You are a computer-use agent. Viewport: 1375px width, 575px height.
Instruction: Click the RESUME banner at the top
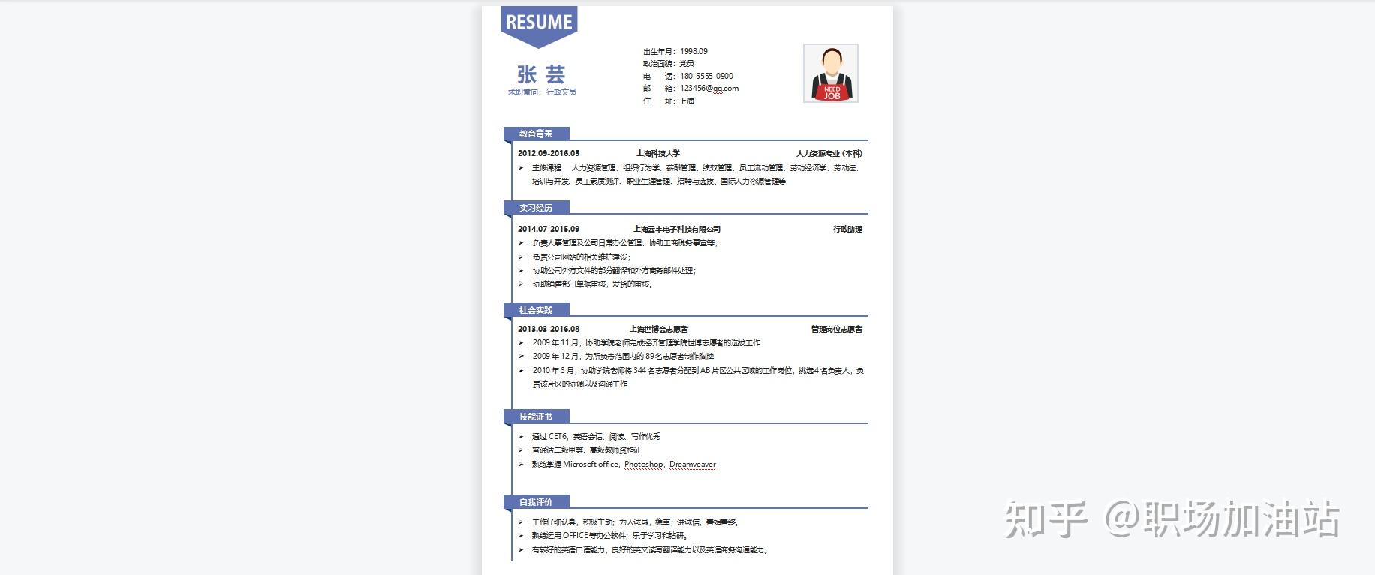[x=539, y=23]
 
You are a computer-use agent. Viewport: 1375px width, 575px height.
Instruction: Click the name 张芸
[x=540, y=74]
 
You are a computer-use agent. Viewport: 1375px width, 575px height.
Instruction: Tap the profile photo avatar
[x=830, y=73]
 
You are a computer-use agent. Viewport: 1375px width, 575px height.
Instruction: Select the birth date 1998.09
[x=694, y=51]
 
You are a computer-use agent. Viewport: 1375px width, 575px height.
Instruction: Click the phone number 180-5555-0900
[x=706, y=76]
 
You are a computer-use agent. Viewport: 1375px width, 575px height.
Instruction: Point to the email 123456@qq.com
[x=709, y=88]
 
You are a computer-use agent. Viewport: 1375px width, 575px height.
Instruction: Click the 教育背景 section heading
[x=536, y=134]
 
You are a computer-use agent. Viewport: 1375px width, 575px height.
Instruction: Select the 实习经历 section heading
[x=536, y=208]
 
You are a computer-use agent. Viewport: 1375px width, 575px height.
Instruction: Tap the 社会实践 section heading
[x=536, y=310]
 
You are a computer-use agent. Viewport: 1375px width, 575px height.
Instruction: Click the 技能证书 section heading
[x=536, y=417]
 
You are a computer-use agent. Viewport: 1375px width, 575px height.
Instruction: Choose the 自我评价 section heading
[x=536, y=502]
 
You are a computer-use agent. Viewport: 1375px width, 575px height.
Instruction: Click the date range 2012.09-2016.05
[x=549, y=153]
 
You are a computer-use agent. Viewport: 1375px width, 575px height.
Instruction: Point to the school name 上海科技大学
[x=658, y=153]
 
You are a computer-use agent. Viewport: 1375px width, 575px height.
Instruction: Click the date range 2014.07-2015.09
[x=549, y=229]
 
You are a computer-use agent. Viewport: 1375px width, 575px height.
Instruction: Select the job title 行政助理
[x=847, y=229]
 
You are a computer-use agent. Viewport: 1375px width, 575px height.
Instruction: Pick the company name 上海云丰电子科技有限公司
[x=677, y=229]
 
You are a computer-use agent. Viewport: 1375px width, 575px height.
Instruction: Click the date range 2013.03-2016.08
[x=549, y=329]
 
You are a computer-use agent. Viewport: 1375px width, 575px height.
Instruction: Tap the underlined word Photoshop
[x=644, y=464]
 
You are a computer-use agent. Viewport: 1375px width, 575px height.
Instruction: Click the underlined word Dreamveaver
[x=693, y=464]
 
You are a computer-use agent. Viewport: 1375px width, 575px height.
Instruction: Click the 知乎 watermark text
[x=1046, y=519]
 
